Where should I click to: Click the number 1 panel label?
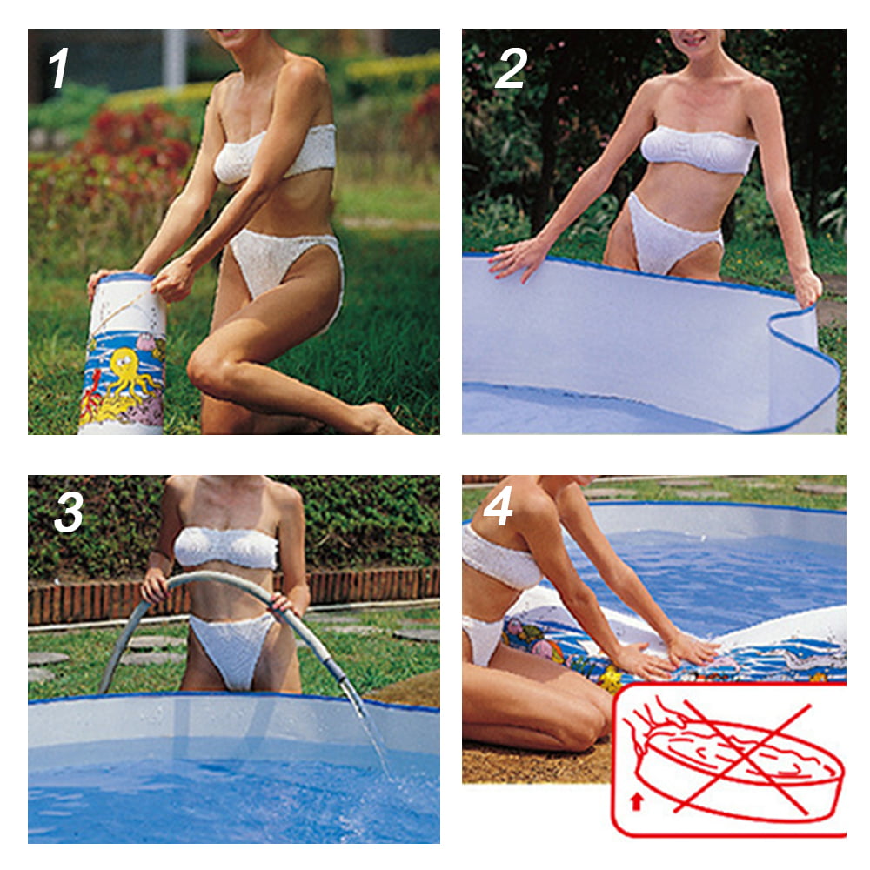pos(59,69)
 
